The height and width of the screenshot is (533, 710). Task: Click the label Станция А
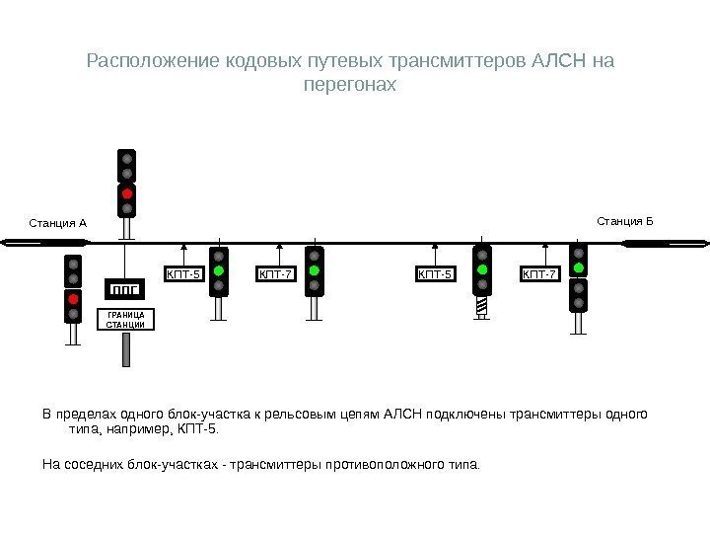click(57, 222)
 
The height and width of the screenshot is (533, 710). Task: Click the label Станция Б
click(626, 219)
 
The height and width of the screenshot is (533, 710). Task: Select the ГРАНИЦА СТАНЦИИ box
click(126, 319)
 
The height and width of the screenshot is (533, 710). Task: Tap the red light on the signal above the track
click(126, 194)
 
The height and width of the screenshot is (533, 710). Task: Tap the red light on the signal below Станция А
click(72, 299)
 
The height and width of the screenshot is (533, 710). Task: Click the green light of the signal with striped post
click(481, 268)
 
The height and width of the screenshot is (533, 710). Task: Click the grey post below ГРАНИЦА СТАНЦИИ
click(126, 349)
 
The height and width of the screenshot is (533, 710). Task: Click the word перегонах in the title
click(352, 85)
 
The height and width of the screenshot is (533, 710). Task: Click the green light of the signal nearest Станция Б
click(579, 267)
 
